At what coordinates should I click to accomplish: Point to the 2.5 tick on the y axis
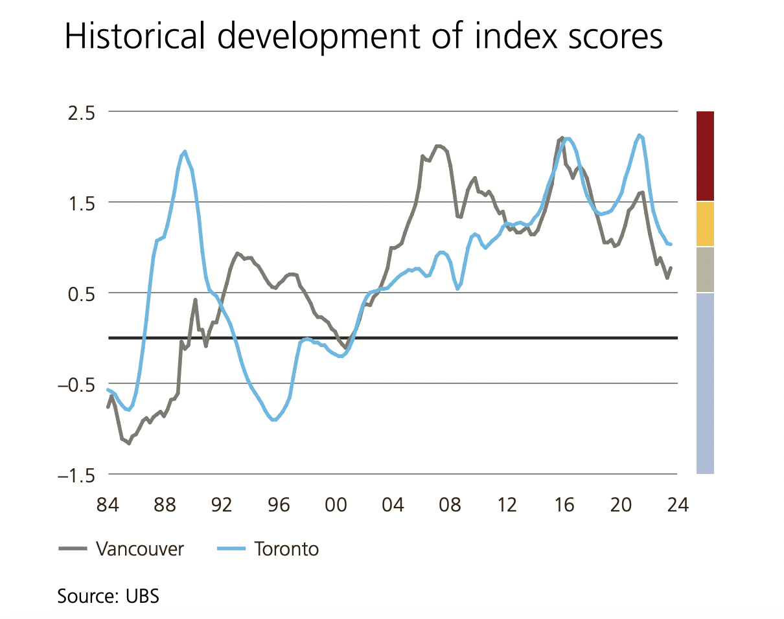tap(82, 112)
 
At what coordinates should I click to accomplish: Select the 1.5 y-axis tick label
tap(82, 203)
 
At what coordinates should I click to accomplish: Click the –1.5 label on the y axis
tap(76, 475)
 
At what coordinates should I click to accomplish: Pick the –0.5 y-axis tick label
tap(76, 384)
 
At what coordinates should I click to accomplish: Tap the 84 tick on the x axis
tap(108, 504)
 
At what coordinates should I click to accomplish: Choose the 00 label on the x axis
tap(336, 504)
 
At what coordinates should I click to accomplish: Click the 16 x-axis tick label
tap(564, 504)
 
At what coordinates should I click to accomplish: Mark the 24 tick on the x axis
tap(677, 504)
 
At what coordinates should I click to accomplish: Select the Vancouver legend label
tap(140, 549)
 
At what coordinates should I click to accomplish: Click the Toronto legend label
tap(286, 549)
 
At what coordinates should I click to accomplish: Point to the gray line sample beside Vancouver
tap(73, 549)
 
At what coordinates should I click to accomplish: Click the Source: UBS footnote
tap(108, 595)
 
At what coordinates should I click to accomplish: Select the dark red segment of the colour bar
tap(705, 155)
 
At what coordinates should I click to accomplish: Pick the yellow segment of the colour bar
tap(705, 224)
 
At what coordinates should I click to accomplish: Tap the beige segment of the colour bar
tap(705, 269)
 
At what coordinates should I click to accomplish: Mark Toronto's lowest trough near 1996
tap(274, 420)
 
